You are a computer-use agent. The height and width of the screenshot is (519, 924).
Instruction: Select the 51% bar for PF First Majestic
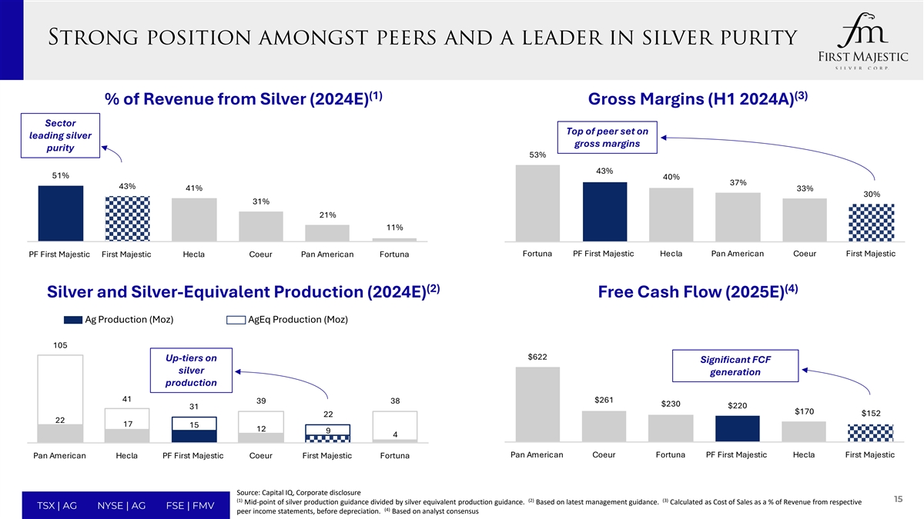[61, 213]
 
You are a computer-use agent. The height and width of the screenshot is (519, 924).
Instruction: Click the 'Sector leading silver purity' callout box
[61, 136]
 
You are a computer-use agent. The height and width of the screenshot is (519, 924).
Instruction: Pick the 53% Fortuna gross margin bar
[537, 203]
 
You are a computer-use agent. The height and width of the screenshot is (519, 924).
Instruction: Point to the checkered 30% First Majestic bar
[871, 222]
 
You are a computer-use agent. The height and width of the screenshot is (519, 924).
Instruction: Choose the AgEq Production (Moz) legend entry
[287, 320]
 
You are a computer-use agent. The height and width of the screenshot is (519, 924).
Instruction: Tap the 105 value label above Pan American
[61, 345]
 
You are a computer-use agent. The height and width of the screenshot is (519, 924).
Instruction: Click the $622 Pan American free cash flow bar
[537, 404]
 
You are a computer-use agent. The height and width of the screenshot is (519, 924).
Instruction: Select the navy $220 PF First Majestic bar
[737, 429]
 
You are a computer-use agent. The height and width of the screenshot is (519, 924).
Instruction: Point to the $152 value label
[871, 413]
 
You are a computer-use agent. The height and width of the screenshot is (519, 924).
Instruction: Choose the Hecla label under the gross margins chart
[671, 254]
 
